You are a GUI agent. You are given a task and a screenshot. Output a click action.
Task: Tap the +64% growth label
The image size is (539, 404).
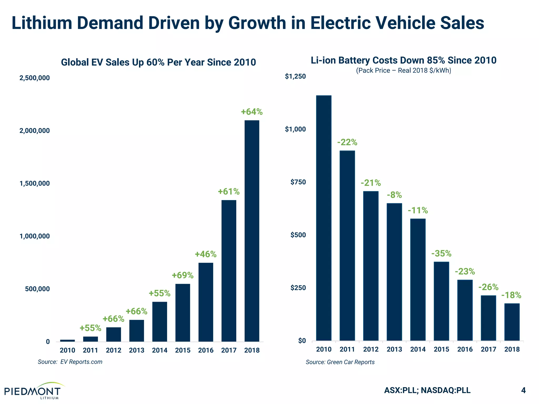[x=252, y=112]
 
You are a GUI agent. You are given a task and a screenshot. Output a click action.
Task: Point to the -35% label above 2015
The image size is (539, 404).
[x=441, y=254]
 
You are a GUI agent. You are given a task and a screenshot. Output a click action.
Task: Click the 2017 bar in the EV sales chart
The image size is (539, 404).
[x=229, y=271]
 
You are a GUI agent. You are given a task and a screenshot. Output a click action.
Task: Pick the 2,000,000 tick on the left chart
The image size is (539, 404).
[x=34, y=131]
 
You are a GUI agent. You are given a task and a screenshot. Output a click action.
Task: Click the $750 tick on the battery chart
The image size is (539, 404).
[x=298, y=182]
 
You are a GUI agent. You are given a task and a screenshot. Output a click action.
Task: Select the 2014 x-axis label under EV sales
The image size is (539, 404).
[x=160, y=350]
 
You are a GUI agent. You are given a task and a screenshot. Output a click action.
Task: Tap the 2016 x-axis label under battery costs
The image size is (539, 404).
[x=465, y=349]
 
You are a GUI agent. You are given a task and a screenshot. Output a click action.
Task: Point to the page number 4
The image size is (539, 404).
[x=523, y=390]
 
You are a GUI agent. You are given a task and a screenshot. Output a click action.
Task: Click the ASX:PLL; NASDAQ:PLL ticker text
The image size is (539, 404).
[x=427, y=390]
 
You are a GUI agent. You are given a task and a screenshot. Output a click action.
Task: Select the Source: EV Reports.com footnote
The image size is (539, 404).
[x=70, y=362]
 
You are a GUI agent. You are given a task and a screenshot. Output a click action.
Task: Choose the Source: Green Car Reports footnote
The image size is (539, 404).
[x=340, y=362]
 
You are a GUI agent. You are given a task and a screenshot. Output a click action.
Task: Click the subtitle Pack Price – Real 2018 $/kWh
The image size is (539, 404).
[x=403, y=70]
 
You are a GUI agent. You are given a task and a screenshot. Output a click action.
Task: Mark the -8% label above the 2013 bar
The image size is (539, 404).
[x=394, y=195]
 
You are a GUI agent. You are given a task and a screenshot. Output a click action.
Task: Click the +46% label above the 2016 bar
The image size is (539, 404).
[x=206, y=254]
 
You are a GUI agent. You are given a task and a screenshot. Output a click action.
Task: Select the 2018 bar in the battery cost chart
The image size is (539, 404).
[x=512, y=322]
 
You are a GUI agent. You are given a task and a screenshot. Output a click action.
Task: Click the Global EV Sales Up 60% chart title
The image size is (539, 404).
[x=158, y=62]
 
